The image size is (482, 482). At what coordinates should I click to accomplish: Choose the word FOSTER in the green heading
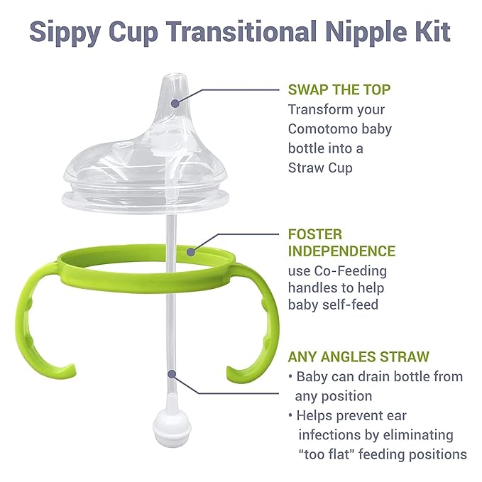pos(315,233)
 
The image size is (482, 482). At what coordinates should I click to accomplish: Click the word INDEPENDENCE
pos(341,251)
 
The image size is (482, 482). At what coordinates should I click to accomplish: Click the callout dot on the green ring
pos(192,250)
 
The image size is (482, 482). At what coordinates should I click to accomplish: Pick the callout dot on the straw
pos(170,372)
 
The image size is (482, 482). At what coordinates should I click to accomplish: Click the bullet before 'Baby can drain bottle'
pos(290,377)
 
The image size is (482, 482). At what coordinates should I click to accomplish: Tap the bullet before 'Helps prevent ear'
pos(290,415)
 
